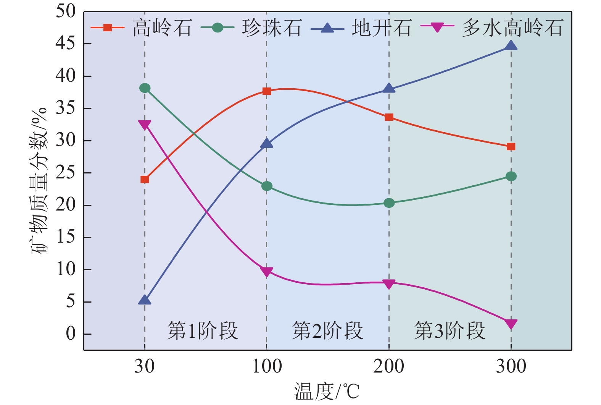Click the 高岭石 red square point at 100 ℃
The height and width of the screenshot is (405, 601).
click(x=267, y=91)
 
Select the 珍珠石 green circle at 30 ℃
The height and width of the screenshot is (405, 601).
click(x=145, y=88)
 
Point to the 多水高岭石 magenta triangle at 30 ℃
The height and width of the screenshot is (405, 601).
click(x=145, y=125)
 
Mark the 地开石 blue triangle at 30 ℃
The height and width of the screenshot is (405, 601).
click(x=145, y=300)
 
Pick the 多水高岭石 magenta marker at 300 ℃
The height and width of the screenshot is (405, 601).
click(x=511, y=324)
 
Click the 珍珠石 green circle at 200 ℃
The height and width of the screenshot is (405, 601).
click(x=389, y=203)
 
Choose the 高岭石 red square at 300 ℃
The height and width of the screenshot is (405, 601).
click(x=511, y=147)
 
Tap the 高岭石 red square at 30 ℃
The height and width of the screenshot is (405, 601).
click(x=145, y=180)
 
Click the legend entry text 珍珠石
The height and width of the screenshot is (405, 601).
click(x=272, y=28)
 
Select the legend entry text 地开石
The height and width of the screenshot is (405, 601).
click(x=381, y=28)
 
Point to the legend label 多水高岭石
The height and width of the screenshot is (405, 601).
click(x=512, y=28)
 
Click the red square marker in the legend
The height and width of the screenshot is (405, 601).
click(x=108, y=28)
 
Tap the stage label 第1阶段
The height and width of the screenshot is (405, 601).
click(x=203, y=330)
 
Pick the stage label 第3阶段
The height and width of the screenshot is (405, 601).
click(x=450, y=330)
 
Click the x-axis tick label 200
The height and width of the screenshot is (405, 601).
click(x=389, y=367)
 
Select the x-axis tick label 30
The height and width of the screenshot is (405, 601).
click(x=145, y=367)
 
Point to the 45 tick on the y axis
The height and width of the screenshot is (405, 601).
click(x=66, y=44)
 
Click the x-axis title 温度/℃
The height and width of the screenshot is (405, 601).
click(x=327, y=392)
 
